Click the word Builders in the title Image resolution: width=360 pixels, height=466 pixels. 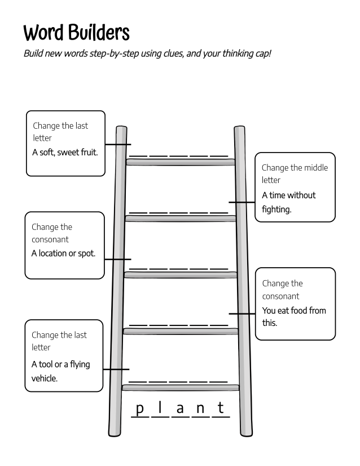tap(99, 33)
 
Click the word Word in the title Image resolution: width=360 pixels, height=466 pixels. tap(44, 33)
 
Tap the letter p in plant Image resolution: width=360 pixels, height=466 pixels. tap(141, 408)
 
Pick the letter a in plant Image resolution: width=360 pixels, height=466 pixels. tap(180, 408)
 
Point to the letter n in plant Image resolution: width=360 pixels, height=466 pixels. tap(200, 408)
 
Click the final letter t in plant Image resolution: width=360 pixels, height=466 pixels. tap(221, 407)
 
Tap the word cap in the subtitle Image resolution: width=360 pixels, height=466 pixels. tap(262, 55)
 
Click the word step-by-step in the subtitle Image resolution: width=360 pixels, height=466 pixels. tap(112, 55)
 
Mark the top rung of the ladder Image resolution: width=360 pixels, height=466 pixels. tap(181, 162)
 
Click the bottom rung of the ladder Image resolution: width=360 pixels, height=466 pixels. tap(181, 387)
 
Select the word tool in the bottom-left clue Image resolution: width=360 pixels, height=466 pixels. tap(49, 364)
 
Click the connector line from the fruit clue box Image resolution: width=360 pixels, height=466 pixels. tap(117, 144)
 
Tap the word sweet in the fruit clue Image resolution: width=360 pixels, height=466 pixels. tap(68, 153)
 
